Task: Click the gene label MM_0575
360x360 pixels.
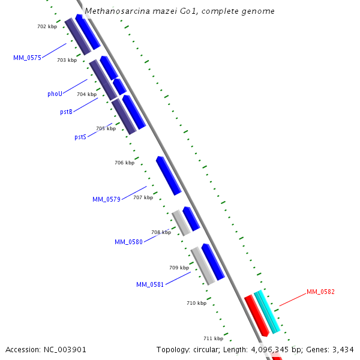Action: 27,58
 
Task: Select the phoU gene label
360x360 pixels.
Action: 55,94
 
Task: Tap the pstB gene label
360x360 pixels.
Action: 66,112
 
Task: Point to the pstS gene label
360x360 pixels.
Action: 80,137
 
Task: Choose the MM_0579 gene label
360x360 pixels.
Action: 106,199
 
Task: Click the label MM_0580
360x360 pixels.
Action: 128,242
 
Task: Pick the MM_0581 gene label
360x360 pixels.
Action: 150,284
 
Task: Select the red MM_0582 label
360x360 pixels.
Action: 320,292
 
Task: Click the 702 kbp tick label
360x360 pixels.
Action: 47,27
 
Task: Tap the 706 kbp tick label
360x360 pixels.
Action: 124,163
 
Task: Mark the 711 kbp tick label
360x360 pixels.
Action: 213,338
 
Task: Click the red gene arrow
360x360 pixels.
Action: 256,315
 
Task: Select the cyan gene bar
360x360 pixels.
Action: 267,312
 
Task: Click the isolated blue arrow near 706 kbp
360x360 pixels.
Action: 169,176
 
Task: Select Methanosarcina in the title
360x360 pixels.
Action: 115,11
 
